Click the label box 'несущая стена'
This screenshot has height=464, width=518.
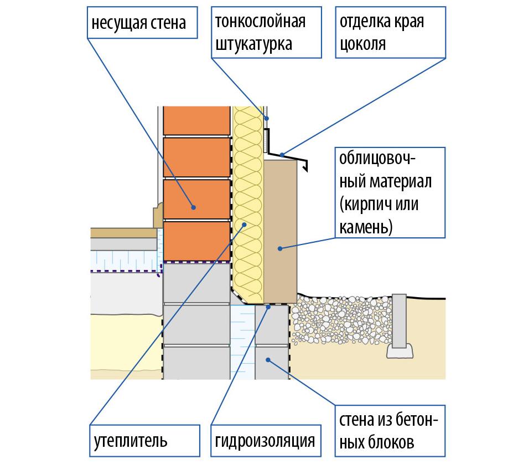[142, 23]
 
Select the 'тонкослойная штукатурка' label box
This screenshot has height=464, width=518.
[266, 33]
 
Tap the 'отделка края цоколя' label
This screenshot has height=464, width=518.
[391, 33]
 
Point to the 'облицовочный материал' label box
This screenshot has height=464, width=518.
[390, 192]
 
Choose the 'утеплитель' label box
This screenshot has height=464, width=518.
[144, 441]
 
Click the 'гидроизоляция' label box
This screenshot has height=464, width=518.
[266, 441]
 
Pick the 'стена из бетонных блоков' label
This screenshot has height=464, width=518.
[390, 431]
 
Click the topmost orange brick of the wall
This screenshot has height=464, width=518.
[196, 120]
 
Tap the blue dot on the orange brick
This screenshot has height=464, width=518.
[194, 207]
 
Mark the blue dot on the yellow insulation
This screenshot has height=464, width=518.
[245, 225]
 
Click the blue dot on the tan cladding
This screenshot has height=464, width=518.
[280, 248]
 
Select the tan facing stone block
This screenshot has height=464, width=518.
[281, 232]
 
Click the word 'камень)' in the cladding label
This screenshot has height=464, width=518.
[366, 227]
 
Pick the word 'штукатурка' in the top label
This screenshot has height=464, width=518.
[253, 44]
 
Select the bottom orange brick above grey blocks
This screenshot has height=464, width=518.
[196, 241]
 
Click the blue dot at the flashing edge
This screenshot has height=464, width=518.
[282, 155]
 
